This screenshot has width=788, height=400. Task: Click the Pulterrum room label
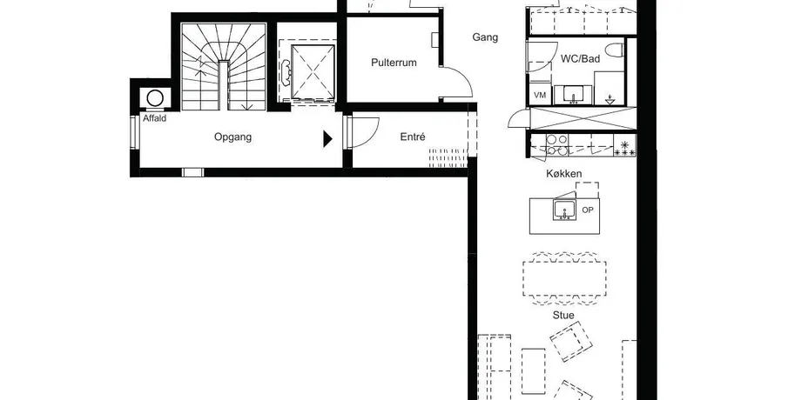394,63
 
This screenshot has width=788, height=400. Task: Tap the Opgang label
232,137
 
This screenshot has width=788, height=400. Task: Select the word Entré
413,137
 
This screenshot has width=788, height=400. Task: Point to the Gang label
485,37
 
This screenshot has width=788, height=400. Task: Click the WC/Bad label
581,59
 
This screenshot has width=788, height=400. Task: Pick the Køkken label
564,174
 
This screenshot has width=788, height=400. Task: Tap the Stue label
563,315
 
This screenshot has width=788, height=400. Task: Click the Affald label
154,118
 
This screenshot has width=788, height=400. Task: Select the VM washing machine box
540,95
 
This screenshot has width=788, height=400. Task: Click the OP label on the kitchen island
588,210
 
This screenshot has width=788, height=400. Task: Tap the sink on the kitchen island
564,210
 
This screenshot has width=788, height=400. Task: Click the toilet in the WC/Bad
615,50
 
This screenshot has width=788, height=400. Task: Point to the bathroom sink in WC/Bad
573,94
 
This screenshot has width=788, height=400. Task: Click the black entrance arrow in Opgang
327,139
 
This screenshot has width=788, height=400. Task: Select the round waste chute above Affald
155,98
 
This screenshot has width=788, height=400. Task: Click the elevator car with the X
313,72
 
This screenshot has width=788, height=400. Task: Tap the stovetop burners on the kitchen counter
556,144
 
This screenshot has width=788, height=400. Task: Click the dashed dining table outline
564,278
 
